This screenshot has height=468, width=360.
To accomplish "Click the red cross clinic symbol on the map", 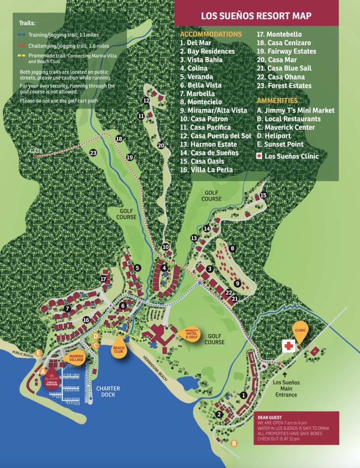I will tap(288, 346).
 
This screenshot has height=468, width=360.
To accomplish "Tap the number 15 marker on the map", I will tap(263, 195).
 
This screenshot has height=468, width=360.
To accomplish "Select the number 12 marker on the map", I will tap(146, 101).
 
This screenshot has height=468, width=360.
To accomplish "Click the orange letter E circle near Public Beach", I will tap(39, 352).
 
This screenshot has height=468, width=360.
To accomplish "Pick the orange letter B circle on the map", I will tap(234, 443).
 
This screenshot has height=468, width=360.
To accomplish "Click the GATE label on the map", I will tap(36, 151).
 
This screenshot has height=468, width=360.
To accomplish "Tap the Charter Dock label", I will tap(108, 392).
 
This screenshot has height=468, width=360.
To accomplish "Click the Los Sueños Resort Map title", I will tap(256, 16).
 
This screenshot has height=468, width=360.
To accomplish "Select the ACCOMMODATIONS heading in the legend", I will tap(211, 34).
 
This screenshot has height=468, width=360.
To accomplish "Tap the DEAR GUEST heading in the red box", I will tap(270, 417).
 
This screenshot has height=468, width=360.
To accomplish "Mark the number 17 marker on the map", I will tap(104, 279).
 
